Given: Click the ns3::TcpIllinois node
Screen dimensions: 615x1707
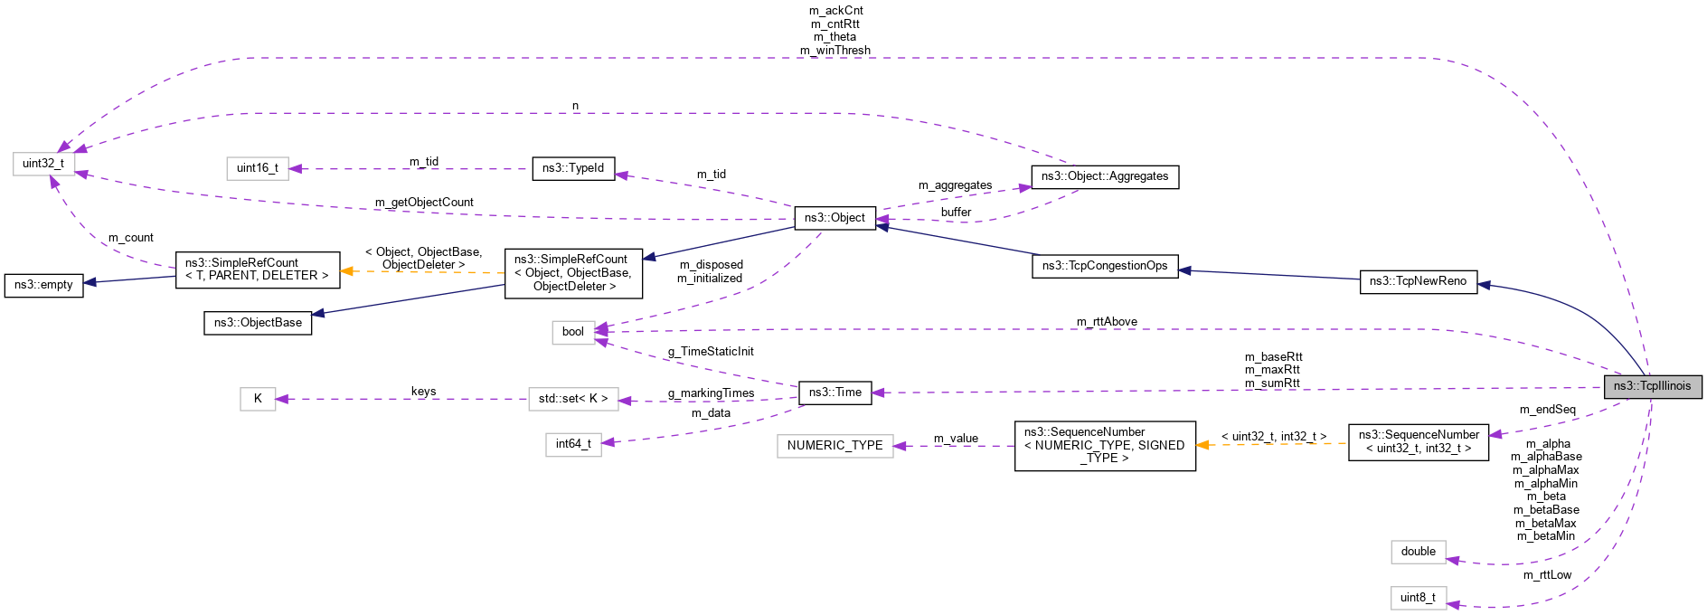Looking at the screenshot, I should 1652,386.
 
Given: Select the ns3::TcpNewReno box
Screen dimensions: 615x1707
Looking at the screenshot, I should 1418,281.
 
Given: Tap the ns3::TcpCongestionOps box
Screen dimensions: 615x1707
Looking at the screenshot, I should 1105,266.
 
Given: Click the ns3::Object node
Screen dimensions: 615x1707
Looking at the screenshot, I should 835,218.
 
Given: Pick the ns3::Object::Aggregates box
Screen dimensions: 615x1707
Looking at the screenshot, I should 1105,176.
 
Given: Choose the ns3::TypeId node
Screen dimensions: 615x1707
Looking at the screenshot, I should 573,168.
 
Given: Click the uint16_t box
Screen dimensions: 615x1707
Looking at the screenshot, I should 258,168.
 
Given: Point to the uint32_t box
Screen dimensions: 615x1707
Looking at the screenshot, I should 43,164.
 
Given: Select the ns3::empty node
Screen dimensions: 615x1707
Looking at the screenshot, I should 43,285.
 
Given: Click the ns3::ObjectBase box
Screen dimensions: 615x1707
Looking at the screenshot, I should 258,323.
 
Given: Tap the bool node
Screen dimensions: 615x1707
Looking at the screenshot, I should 573,332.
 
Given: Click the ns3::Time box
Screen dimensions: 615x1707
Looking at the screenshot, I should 835,393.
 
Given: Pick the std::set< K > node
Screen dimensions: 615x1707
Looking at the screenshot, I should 573,399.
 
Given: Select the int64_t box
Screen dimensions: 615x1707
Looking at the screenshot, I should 573,444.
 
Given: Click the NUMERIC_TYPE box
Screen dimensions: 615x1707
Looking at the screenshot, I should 835,446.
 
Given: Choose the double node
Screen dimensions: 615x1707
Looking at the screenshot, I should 1418,552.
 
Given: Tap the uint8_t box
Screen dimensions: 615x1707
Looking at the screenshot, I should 1418,598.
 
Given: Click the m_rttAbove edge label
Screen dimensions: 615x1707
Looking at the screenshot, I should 1107,322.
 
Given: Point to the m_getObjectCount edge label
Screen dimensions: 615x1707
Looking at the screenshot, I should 424,203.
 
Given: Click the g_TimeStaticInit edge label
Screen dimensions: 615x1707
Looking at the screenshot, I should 711,352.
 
